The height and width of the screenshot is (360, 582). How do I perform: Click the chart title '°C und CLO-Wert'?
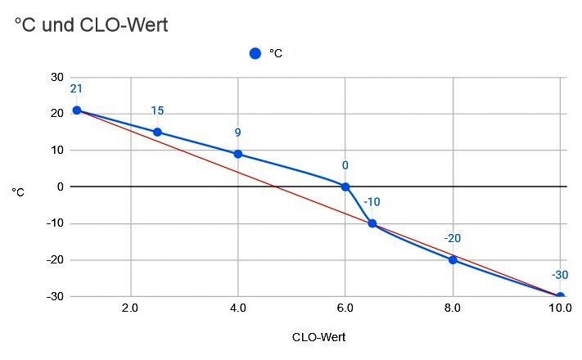91,25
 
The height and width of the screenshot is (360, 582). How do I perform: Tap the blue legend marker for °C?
255,54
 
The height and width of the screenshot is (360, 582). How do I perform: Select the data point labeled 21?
76,110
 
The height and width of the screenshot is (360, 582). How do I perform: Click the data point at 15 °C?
157,133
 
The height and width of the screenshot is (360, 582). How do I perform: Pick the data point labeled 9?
237,154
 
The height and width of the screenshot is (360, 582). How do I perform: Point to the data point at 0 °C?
345,187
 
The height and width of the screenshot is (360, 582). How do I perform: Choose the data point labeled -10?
372,223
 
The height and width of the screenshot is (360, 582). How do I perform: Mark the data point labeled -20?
453,259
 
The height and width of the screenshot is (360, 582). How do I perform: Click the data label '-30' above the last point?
560,275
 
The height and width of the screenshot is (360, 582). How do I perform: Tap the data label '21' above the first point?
76,89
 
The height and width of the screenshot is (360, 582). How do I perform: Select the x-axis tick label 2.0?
130,310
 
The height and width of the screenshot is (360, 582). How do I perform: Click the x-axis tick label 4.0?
237,310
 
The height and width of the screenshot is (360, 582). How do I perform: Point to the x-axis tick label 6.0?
345,310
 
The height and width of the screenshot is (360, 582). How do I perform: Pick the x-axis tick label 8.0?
453,310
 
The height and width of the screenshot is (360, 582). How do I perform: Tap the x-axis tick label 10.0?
559,310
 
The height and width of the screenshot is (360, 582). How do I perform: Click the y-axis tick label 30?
56,77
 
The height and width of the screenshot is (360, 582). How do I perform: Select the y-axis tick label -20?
54,259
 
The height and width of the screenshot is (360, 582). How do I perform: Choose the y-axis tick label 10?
56,150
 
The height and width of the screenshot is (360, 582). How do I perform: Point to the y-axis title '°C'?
17,192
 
